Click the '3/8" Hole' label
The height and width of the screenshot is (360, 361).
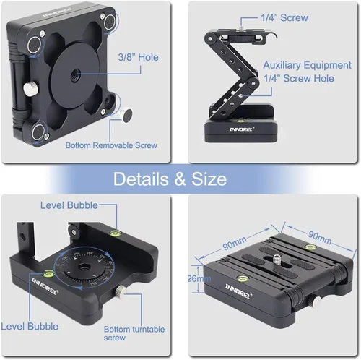click(x=138, y=57)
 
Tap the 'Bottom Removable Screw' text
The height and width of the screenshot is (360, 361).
click(x=111, y=145)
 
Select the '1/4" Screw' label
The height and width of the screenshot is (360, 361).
click(x=284, y=17)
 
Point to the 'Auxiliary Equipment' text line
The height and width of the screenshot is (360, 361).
click(x=307, y=65)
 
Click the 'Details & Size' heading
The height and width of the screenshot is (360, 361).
click(x=170, y=179)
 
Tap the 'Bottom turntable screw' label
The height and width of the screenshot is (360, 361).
click(x=134, y=333)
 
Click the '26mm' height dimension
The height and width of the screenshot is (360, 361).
click(x=199, y=279)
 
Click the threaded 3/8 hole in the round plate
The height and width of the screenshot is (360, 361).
click(x=76, y=74)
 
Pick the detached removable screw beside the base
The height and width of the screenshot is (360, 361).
click(x=126, y=115)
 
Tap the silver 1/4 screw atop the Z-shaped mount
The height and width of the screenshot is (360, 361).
click(x=241, y=27)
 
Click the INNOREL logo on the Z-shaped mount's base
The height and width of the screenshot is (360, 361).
click(x=242, y=129)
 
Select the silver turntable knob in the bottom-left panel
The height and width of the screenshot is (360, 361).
click(x=121, y=291)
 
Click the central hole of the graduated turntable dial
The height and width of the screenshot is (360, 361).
click(x=84, y=267)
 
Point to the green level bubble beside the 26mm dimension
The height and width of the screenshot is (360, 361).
click(x=241, y=278)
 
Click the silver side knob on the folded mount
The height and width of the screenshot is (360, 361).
click(x=316, y=302)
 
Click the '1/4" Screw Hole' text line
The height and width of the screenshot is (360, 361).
click(x=299, y=79)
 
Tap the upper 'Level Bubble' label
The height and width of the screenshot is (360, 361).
click(x=69, y=205)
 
